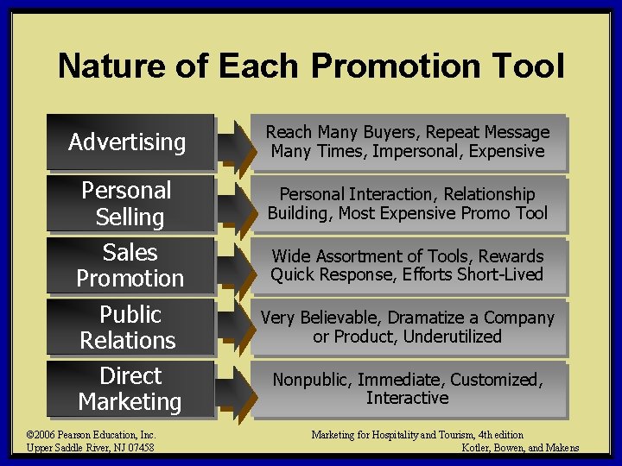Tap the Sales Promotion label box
[x=130, y=266]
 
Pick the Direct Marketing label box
[x=130, y=389]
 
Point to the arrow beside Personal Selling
[x=233, y=205]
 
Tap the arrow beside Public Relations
[x=233, y=328]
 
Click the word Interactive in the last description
[x=408, y=398]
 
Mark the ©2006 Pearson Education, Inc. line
[x=91, y=435]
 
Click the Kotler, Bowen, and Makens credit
[x=520, y=447]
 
